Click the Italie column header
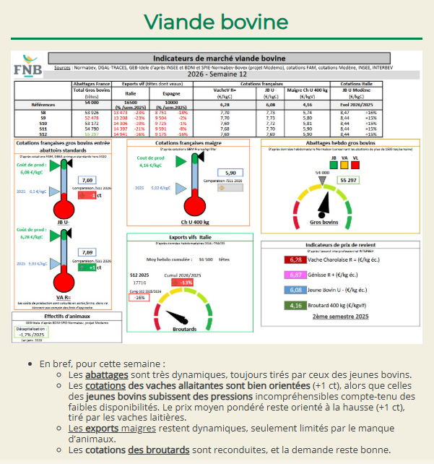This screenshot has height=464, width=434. (x=130, y=93)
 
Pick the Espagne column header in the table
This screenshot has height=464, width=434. (x=170, y=93)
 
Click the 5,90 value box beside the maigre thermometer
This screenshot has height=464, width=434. (x=230, y=173)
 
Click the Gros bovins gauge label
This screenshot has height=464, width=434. (x=323, y=223)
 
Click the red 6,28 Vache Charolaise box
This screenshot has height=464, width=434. (x=295, y=259)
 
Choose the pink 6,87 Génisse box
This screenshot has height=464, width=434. (x=295, y=275)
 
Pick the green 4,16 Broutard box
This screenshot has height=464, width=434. (x=295, y=305)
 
